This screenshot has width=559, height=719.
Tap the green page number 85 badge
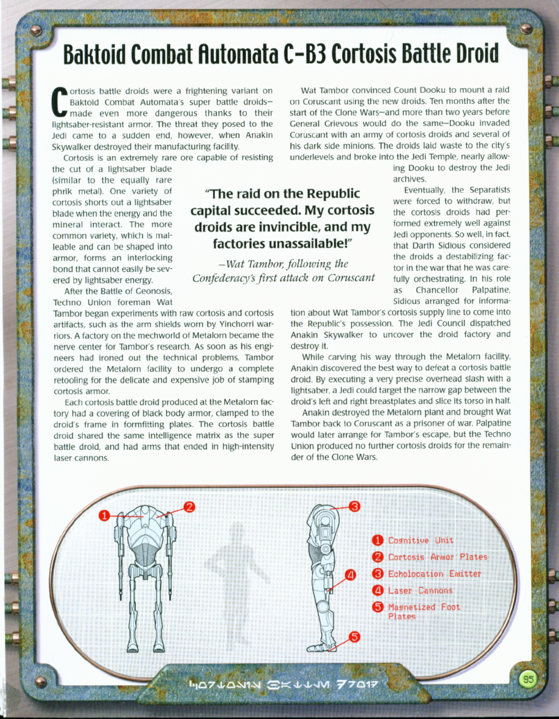[x=528, y=679]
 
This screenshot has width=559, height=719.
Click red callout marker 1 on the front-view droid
[x=103, y=515]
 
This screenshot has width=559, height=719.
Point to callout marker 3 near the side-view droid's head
[x=354, y=506]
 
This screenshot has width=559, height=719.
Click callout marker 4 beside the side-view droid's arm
[x=350, y=574]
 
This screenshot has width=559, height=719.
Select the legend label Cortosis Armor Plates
[x=437, y=557]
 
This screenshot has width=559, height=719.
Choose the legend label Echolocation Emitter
[x=433, y=573]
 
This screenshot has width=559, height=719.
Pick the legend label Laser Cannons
[x=420, y=591]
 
